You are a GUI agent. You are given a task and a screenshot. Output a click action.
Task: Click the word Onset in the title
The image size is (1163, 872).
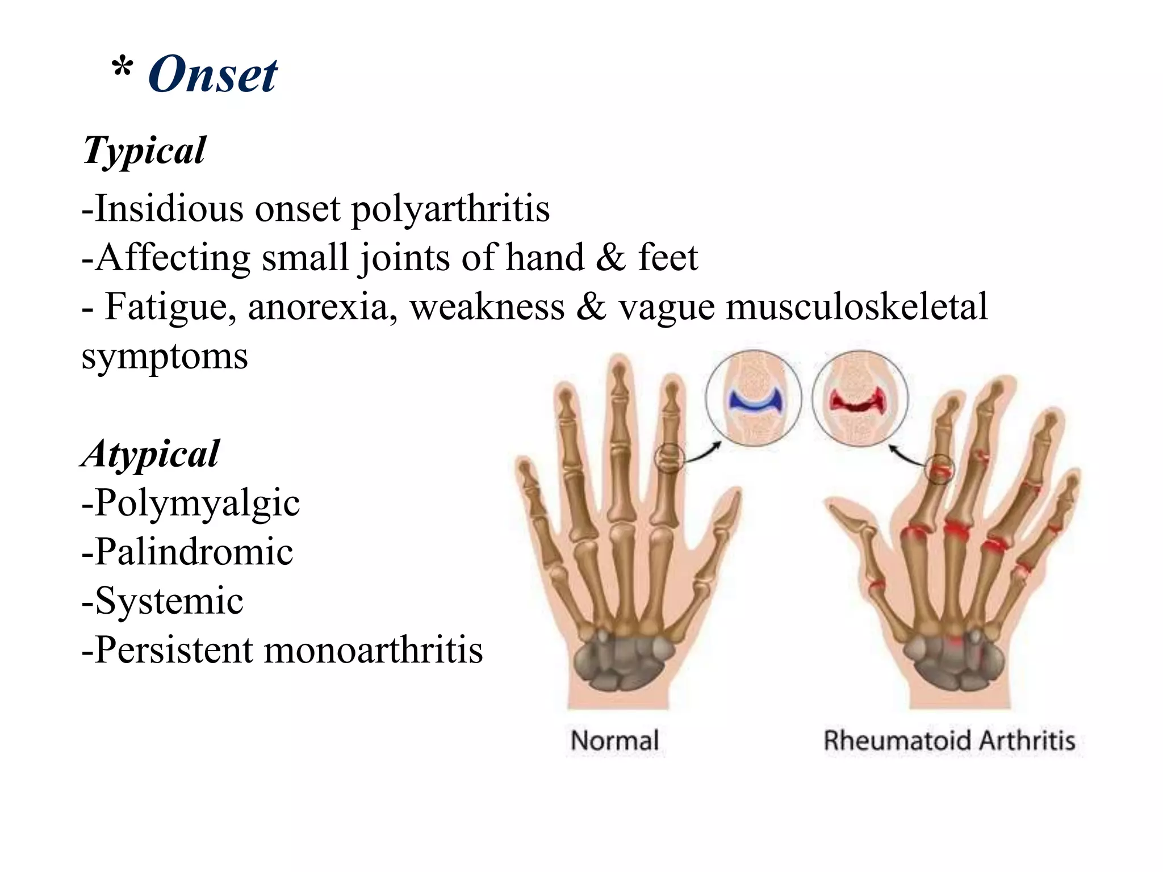(212, 75)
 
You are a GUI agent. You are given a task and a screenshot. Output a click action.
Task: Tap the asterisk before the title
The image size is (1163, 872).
(122, 69)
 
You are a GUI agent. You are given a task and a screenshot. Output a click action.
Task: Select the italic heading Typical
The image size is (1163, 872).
(144, 151)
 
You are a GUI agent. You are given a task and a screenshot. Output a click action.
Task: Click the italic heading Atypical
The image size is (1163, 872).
(150, 454)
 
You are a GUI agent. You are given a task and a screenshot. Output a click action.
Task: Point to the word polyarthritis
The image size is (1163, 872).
(450, 209)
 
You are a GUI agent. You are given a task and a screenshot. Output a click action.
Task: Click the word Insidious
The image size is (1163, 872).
(169, 208)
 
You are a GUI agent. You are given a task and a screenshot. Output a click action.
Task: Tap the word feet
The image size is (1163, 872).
(667, 258)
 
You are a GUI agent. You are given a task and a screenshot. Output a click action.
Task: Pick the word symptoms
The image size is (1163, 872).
(165, 357)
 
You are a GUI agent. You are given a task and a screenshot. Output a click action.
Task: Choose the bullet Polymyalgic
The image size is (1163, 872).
(191, 504)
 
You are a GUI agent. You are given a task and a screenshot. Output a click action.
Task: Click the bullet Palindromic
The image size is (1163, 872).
(188, 552)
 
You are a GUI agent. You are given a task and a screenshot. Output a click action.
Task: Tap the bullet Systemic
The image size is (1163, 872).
(164, 601)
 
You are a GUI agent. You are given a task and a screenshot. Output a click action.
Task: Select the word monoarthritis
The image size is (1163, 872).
(373, 649)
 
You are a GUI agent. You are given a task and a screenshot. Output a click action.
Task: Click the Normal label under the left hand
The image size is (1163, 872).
(614, 741)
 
